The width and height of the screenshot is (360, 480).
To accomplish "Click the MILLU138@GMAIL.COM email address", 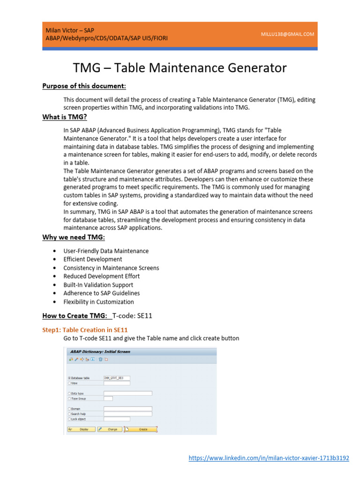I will (288, 34).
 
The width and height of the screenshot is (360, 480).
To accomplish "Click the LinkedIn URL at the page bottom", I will (269, 458).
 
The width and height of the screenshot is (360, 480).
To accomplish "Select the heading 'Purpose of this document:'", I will (84, 86).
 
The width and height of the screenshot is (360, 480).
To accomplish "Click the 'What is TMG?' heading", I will (65, 117).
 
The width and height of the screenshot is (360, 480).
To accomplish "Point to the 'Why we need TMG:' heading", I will (74, 238).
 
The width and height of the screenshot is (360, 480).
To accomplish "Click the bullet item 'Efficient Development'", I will (93, 259).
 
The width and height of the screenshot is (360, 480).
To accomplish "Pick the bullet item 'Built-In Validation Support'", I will (98, 285).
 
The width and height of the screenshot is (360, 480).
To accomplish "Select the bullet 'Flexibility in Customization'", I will (98, 302).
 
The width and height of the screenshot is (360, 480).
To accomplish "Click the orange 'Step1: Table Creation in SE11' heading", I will (85, 330).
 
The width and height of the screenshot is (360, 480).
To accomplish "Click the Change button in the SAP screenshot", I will (110, 429).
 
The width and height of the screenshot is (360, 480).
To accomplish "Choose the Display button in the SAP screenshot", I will (81, 429).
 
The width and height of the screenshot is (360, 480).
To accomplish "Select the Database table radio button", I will (69, 378).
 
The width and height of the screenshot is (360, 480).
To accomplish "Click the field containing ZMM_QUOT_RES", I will (117, 378).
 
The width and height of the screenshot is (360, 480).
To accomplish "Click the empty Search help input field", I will (127, 414).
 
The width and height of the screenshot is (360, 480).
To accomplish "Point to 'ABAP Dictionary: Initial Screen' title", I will (100, 351).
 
